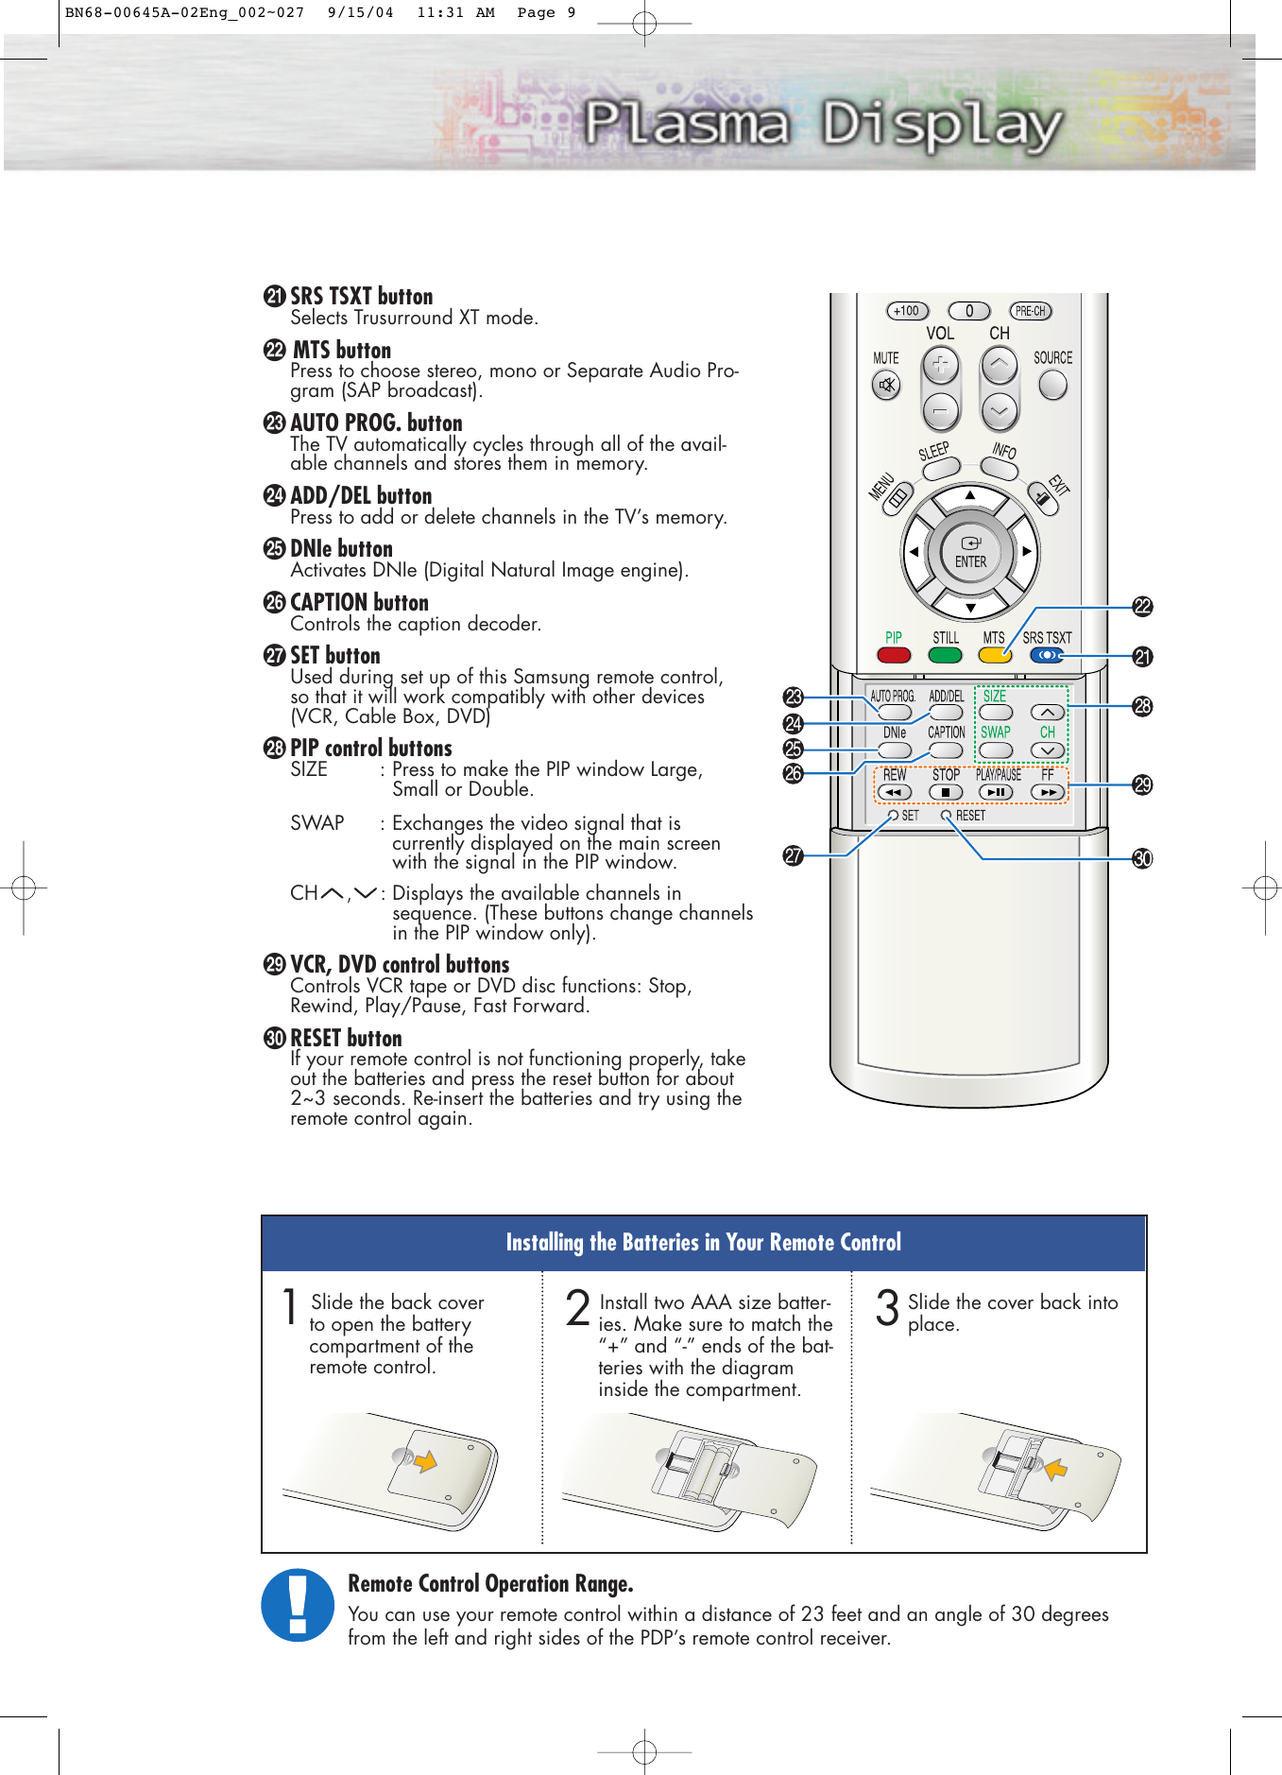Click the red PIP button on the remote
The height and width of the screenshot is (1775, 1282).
coord(894,655)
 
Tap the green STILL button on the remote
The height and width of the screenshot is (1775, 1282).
coord(945,655)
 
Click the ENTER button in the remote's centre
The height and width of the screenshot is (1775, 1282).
coord(970,553)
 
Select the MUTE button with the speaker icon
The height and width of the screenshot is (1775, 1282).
coord(886,385)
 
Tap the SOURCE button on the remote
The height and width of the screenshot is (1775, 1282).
coord(1051,384)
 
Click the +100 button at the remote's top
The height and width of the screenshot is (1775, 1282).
coord(907,311)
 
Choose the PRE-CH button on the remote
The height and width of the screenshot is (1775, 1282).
coord(1030,311)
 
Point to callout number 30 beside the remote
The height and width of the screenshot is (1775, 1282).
coord(1142,858)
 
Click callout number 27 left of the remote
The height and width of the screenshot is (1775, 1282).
coord(793,855)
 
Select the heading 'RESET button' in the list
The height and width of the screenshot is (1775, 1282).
coord(346,1038)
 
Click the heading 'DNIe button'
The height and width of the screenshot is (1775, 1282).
coord(340,548)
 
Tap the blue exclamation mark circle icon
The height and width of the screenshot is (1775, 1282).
coord(298,1605)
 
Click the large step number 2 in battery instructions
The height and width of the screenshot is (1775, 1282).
coord(578,1309)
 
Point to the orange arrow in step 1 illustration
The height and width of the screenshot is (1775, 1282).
coord(426,1461)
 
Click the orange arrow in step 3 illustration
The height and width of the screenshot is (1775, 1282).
coord(1056,1468)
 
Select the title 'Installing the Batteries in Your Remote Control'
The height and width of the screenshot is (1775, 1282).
coord(703,1242)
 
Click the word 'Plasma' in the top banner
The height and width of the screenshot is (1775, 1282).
coord(686,124)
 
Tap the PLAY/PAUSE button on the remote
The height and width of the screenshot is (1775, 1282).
coord(996,792)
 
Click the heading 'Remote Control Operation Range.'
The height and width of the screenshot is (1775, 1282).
coord(490,1583)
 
